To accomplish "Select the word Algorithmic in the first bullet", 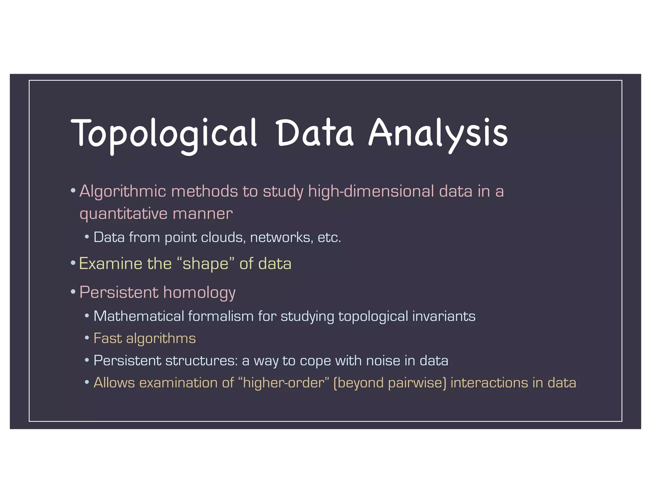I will (x=123, y=191).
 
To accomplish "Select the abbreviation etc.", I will (x=329, y=238).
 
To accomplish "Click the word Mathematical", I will (x=139, y=316).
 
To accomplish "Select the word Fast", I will (x=107, y=338).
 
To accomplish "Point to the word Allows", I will (x=114, y=383).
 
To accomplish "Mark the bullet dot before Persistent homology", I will (x=73, y=292).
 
